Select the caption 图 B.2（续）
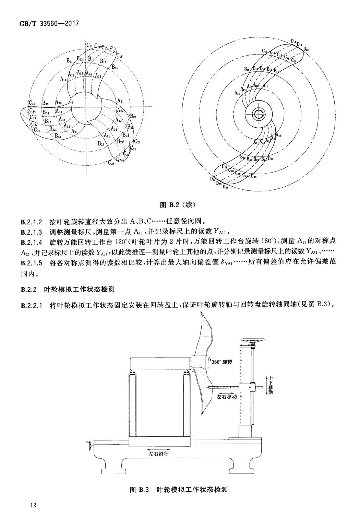pyautogui.click(x=178, y=205)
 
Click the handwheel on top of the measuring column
pyautogui.click(x=253, y=341)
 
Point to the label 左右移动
pyautogui.click(x=227, y=397)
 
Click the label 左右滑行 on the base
pyautogui.click(x=158, y=453)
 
